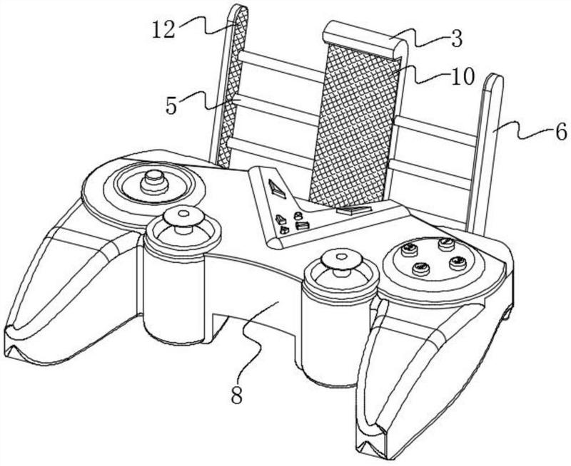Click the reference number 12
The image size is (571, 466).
pyautogui.click(x=163, y=30)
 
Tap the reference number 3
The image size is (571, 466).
pyautogui.click(x=456, y=39)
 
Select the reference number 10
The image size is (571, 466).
pyautogui.click(x=463, y=77)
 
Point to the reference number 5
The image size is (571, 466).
pyautogui.click(x=171, y=105)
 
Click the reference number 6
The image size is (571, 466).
pyautogui.click(x=561, y=132)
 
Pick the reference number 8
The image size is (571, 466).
pyautogui.click(x=237, y=395)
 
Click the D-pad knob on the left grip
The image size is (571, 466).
pyautogui.click(x=154, y=181)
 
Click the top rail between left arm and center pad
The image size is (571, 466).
pyautogui.click(x=281, y=66)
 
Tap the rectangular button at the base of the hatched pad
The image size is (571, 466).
pyautogui.click(x=353, y=210)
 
